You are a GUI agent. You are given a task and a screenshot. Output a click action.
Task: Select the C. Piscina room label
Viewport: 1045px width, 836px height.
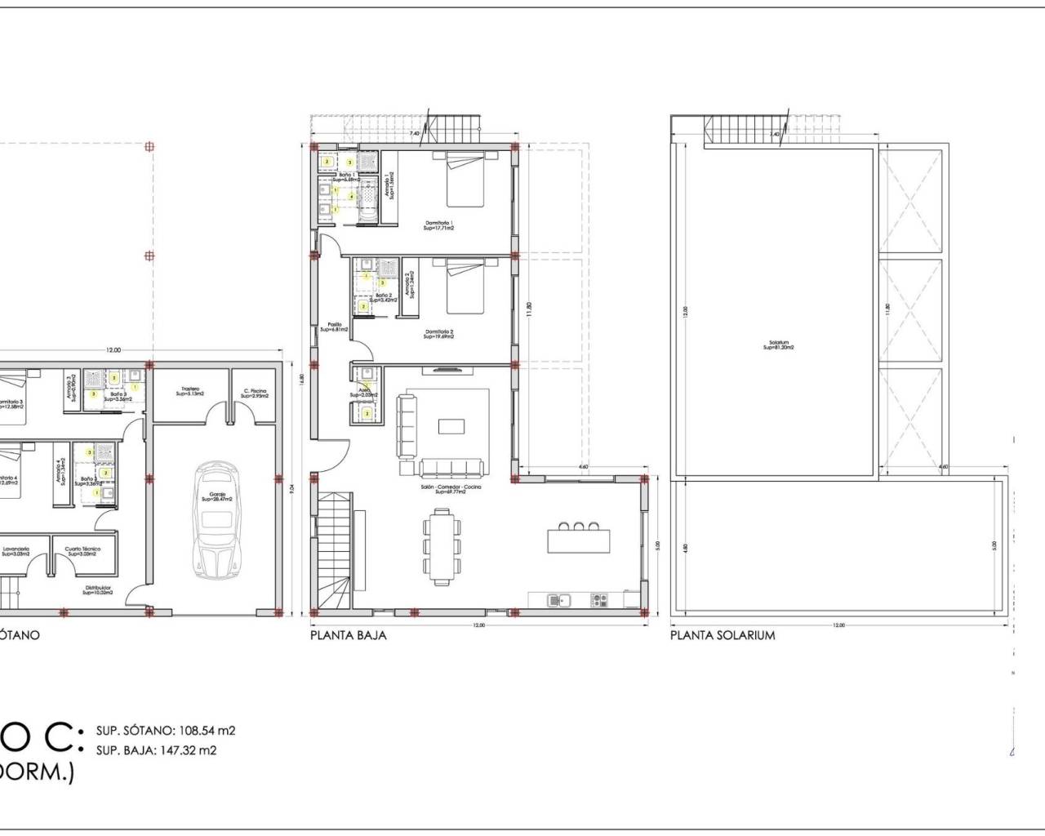point(256,391)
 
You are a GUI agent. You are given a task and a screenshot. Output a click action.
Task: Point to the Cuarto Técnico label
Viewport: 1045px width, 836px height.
point(83,551)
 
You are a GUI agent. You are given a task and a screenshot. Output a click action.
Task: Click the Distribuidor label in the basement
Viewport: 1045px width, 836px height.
point(97,589)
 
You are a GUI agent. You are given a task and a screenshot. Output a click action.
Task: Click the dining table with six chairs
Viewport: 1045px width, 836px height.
point(442,545)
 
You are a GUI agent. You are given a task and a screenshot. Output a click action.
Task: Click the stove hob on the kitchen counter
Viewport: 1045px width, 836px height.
point(600,600)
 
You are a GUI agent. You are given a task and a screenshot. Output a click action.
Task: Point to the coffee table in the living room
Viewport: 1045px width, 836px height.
point(450,426)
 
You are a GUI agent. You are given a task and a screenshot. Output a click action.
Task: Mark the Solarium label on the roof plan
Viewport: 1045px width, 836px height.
point(778,345)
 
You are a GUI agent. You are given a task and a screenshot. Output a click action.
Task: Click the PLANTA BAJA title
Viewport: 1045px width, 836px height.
point(348,635)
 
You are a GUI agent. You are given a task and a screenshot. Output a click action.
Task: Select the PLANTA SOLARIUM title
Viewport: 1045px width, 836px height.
point(723,635)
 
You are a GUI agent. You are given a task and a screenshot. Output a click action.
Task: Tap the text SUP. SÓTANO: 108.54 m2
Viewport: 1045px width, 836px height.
point(166,731)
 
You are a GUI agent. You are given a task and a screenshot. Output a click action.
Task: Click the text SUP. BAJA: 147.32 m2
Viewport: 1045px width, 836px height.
point(156,750)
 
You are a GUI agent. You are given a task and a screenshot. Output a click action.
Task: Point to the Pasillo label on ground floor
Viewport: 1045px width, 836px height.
point(335,327)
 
